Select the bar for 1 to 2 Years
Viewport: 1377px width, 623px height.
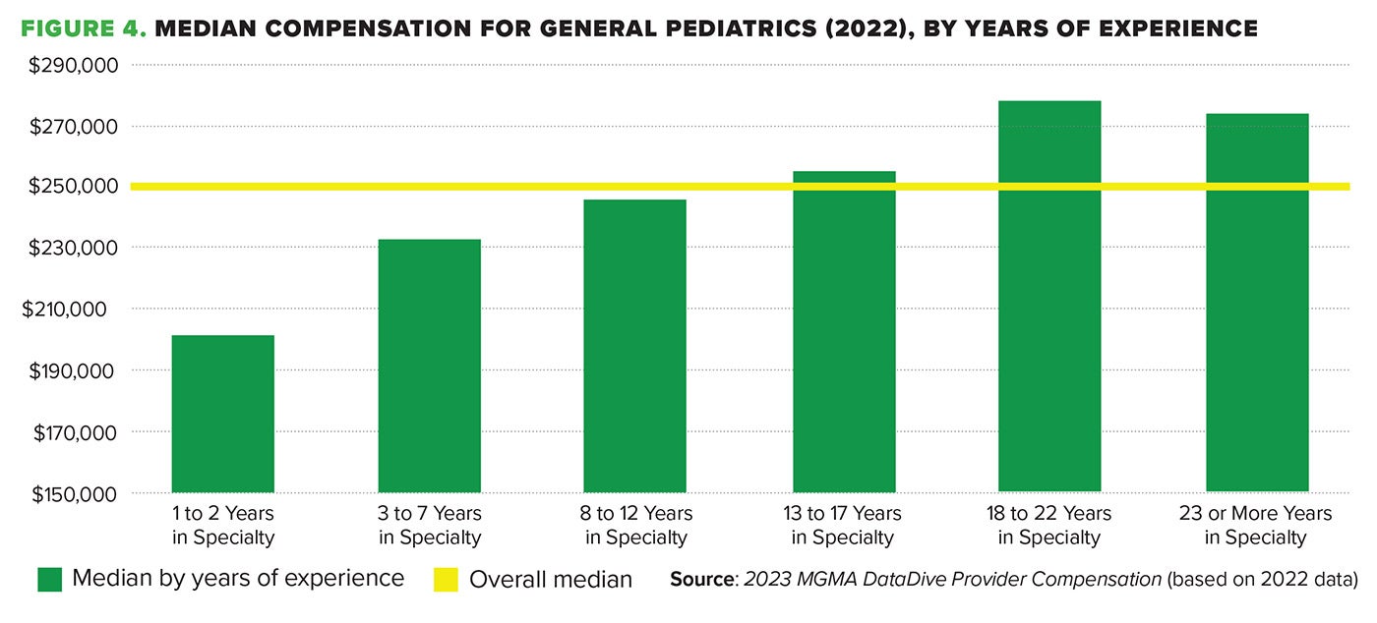tap(222, 413)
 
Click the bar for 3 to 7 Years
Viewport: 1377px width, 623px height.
tap(429, 366)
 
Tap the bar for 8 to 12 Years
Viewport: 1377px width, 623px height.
tap(634, 346)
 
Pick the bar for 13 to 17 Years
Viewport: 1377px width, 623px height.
tap(844, 332)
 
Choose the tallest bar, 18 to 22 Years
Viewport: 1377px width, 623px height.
tap(1049, 296)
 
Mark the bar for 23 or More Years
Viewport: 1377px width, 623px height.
tap(1257, 303)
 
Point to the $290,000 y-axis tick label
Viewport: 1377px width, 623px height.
tap(76, 66)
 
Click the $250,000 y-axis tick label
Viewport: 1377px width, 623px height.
tap(76, 187)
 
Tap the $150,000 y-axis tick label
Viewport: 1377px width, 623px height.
tap(76, 493)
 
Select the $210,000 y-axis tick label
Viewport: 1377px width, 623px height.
tap(76, 310)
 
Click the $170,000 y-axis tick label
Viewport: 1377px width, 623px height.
tap(76, 432)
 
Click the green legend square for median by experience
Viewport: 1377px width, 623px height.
tap(49, 579)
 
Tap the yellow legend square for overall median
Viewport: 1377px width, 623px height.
tap(446, 579)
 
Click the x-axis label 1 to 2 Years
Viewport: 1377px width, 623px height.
tap(222, 525)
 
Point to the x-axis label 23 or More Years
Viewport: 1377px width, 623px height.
tap(1256, 525)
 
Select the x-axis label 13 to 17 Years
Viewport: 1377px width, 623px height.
tap(845, 525)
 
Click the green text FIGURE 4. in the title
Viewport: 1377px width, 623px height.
tap(84, 28)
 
